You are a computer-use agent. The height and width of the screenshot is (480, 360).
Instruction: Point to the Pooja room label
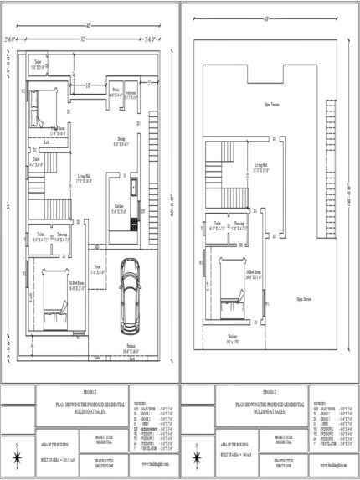click(x=116, y=90)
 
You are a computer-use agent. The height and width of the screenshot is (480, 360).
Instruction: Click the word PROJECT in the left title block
click(x=90, y=392)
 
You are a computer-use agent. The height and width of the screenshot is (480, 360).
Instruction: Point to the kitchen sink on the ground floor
click(x=134, y=184)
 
